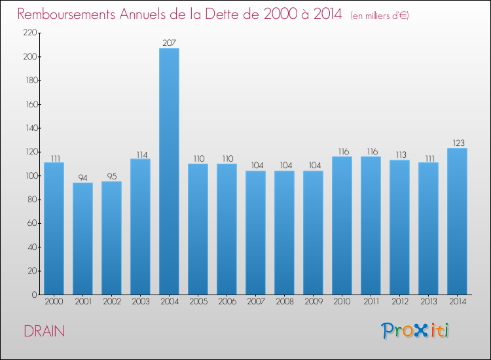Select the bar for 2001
click(x=82, y=238)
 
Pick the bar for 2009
click(x=313, y=232)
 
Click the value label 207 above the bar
click(x=169, y=43)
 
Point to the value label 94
click(x=82, y=177)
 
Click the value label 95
click(x=111, y=176)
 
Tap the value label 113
click(x=399, y=154)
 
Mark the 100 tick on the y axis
click(x=29, y=176)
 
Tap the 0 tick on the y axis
click(x=33, y=295)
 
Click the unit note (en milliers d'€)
click(x=379, y=16)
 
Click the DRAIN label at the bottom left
click(x=44, y=331)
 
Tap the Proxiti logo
click(x=415, y=331)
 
